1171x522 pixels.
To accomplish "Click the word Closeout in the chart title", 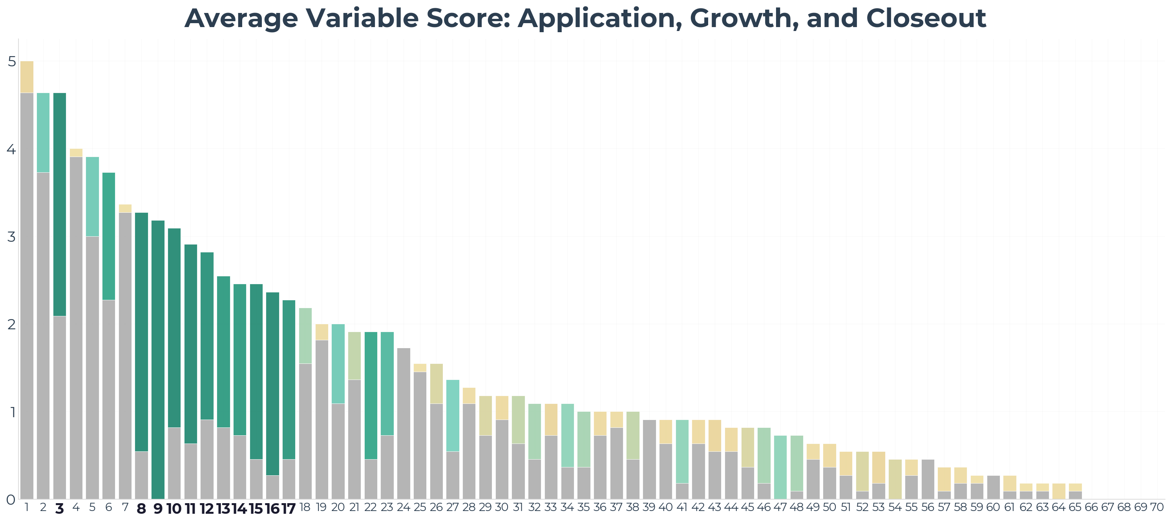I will tap(926, 18).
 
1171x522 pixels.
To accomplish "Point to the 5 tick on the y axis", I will tap(12, 61).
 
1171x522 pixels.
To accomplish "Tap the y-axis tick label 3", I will tap(12, 237).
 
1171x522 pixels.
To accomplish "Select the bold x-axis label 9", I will tap(158, 509).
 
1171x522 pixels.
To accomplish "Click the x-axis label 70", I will tap(1156, 507).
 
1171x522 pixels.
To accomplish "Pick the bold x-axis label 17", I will tap(289, 509).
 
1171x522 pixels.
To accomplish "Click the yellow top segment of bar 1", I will tap(27, 77).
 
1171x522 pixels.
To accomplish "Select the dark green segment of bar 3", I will tap(60, 204).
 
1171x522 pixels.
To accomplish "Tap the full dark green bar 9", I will tap(158, 359).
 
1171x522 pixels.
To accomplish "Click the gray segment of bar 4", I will tap(76, 327).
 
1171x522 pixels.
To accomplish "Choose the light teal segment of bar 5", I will tap(92, 196).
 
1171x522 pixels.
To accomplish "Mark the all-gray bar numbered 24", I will tap(404, 423).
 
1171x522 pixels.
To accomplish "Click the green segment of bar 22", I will tap(371, 395).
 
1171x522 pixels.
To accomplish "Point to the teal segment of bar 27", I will tap(453, 415).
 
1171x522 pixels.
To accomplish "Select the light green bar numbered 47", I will tap(780, 467).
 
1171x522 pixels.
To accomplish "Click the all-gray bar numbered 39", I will tap(649, 459).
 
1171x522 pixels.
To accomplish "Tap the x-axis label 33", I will tap(550, 507).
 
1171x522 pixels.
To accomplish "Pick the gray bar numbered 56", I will tap(927, 479).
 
